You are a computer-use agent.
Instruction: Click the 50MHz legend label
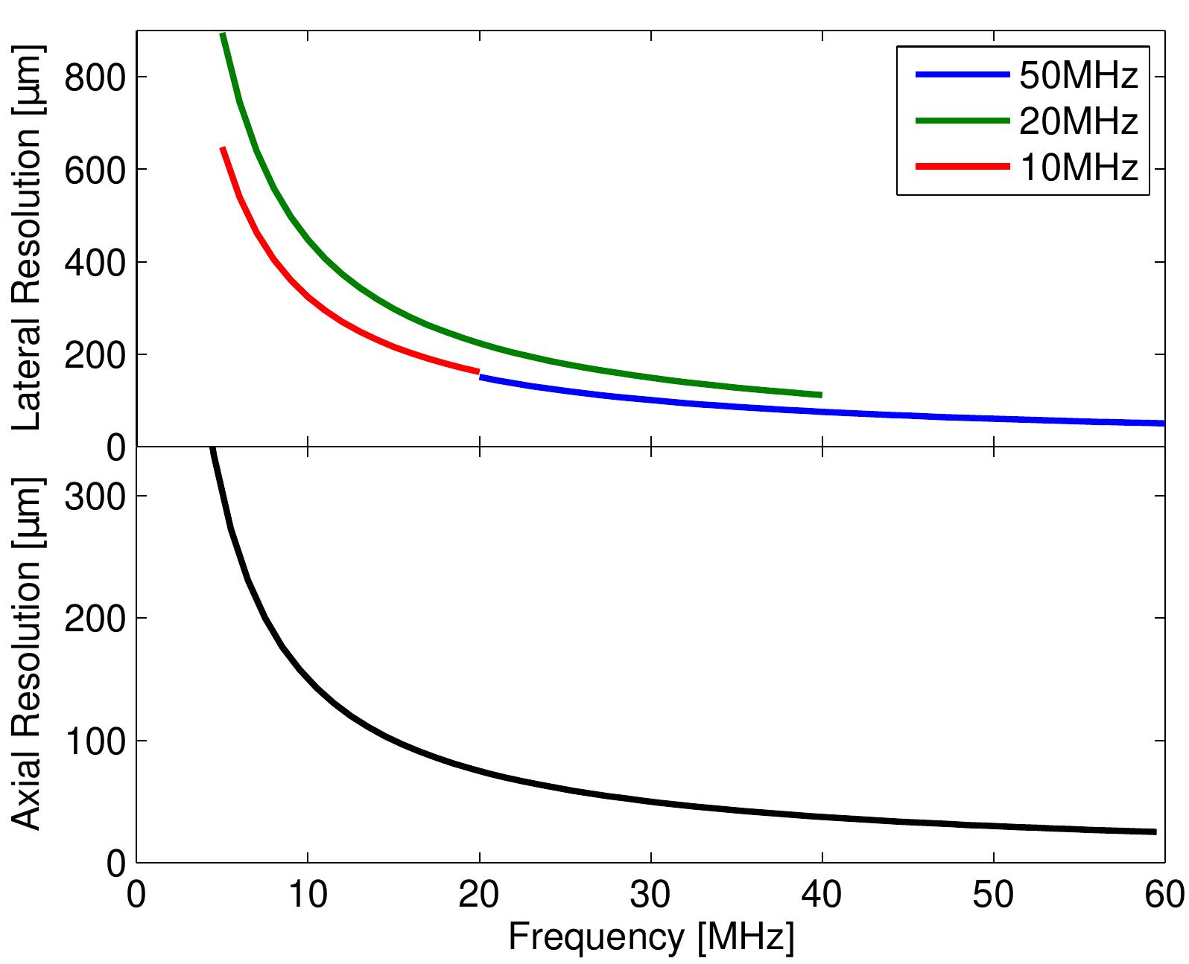[x=1078, y=75]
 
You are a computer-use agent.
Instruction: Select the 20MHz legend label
[x=1078, y=121]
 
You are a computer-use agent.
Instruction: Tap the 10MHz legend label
[x=1078, y=167]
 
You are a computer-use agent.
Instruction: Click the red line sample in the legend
[x=962, y=167]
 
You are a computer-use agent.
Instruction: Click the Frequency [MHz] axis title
[x=650, y=938]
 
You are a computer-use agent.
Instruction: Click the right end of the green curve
[x=819, y=395]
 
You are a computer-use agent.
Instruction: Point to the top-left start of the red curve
[x=223, y=150]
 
